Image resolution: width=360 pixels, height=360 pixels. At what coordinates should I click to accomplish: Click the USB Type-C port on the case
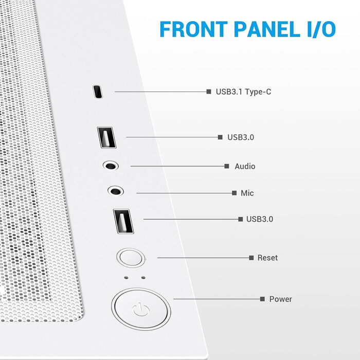(x=97, y=92)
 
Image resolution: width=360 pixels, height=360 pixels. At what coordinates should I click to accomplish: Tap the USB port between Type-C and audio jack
(x=106, y=138)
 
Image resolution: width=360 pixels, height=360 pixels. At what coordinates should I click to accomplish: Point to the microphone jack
(x=116, y=191)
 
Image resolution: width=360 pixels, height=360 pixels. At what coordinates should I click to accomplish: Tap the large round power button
(x=141, y=309)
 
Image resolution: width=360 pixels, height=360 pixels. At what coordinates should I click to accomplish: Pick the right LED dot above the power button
(x=142, y=277)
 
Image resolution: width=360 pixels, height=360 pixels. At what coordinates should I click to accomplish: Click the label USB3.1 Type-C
(x=244, y=92)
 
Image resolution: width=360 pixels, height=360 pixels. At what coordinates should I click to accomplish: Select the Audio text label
(x=245, y=167)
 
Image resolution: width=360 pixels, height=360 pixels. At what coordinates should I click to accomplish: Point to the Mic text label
(x=247, y=193)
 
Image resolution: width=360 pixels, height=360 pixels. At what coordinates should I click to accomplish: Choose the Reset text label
(x=267, y=258)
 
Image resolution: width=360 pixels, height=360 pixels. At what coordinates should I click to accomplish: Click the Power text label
(x=280, y=299)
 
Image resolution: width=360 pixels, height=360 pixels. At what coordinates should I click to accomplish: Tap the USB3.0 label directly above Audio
(x=241, y=137)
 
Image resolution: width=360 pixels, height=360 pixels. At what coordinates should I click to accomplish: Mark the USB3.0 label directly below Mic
(x=259, y=220)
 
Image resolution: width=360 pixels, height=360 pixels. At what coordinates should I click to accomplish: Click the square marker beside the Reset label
(x=251, y=258)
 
